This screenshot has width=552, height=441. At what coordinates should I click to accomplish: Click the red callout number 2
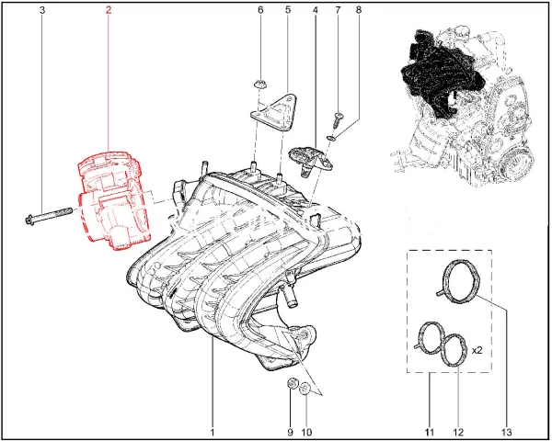pos(108,10)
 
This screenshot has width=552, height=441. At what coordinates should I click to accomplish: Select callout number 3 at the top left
pos(42,10)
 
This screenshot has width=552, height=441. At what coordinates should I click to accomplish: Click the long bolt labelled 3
pos(49,215)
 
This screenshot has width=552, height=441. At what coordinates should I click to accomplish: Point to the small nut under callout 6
pos(259,85)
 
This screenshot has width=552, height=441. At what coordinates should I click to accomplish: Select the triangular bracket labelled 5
pos(275,112)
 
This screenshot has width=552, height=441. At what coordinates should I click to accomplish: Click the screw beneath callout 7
pos(339,120)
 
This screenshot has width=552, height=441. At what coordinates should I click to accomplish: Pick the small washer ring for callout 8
pos(331,138)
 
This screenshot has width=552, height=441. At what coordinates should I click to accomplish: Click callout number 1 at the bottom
pos(213,432)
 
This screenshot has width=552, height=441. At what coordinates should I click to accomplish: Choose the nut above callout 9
pos(292,384)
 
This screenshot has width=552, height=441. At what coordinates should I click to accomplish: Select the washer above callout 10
pos(305,390)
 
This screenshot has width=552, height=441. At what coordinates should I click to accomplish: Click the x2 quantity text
pos(477,351)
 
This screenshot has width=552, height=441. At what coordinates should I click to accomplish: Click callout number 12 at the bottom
pos(459,432)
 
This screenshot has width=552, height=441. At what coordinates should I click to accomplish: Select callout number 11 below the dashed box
pos(429,432)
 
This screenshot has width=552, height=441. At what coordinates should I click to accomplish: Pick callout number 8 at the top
pos(359,10)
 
